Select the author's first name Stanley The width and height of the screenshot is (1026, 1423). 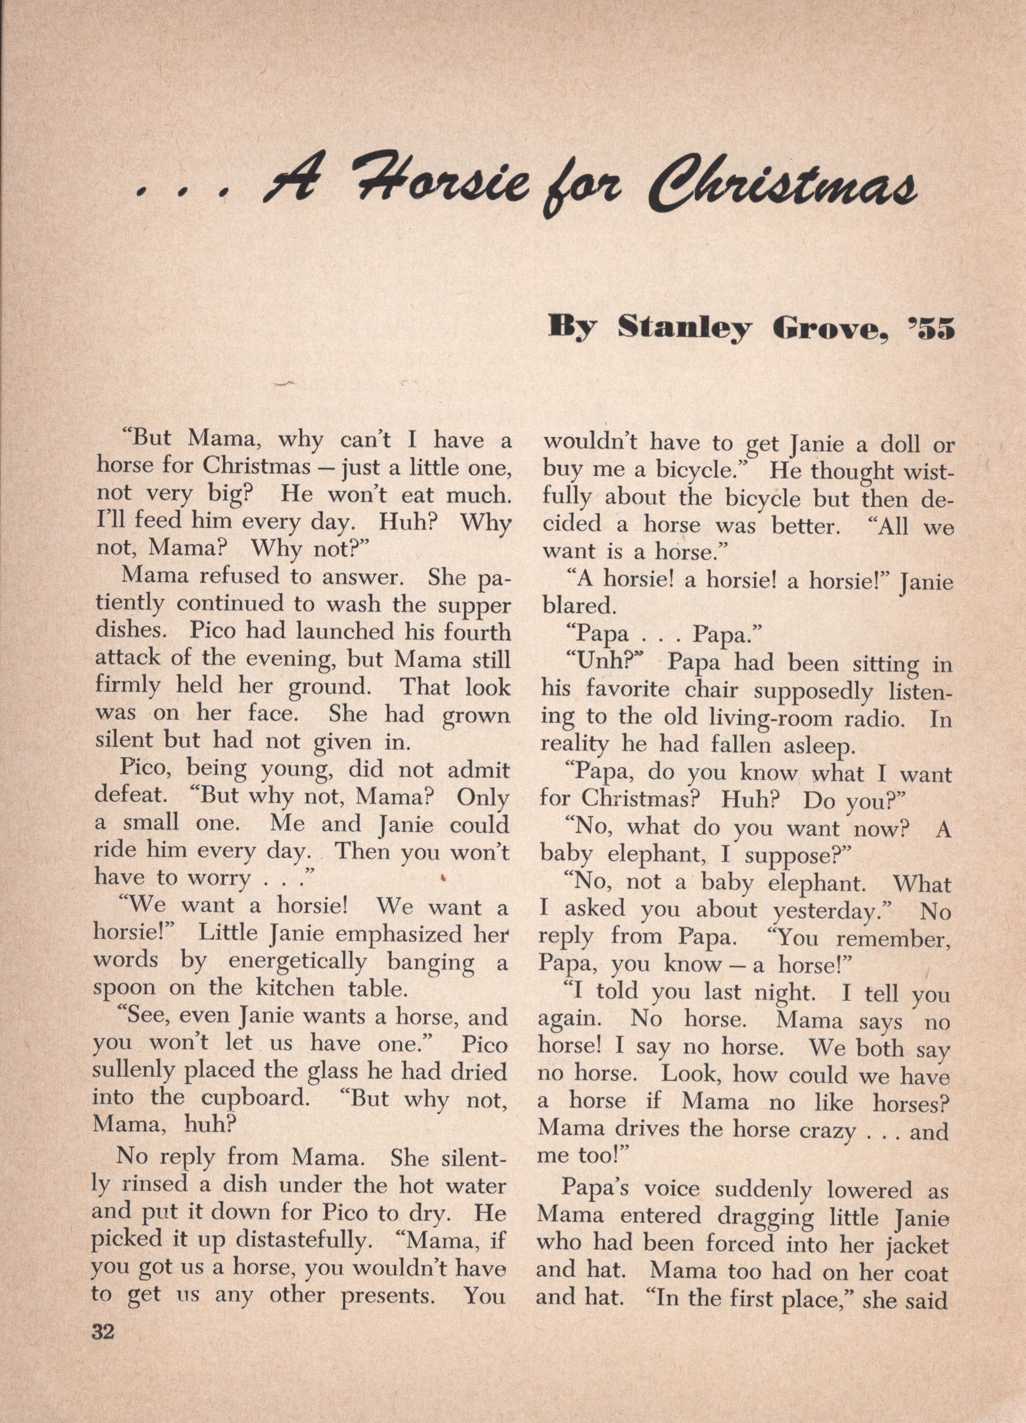click(684, 328)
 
